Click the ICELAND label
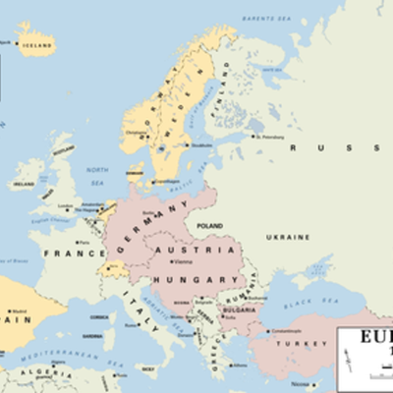pyautogui.click(x=37, y=43)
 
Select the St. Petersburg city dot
pyautogui.click(x=254, y=137)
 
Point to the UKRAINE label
pyautogui.click(x=288, y=237)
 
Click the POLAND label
pyautogui.click(x=210, y=225)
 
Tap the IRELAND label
pyautogui.click(x=22, y=184)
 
